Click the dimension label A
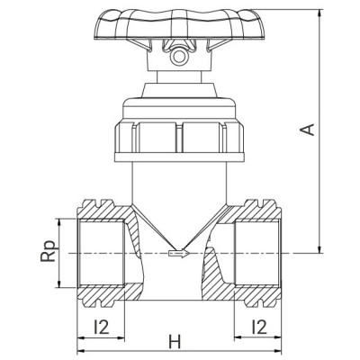click(308, 130)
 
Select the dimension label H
click(175, 342)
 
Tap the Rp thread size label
click(49, 251)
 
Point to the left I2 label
click(101, 327)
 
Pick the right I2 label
click(259, 327)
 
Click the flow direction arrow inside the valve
click(179, 254)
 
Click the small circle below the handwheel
click(178, 57)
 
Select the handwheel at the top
click(180, 24)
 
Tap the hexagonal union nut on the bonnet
click(179, 138)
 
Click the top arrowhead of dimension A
click(320, 13)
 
